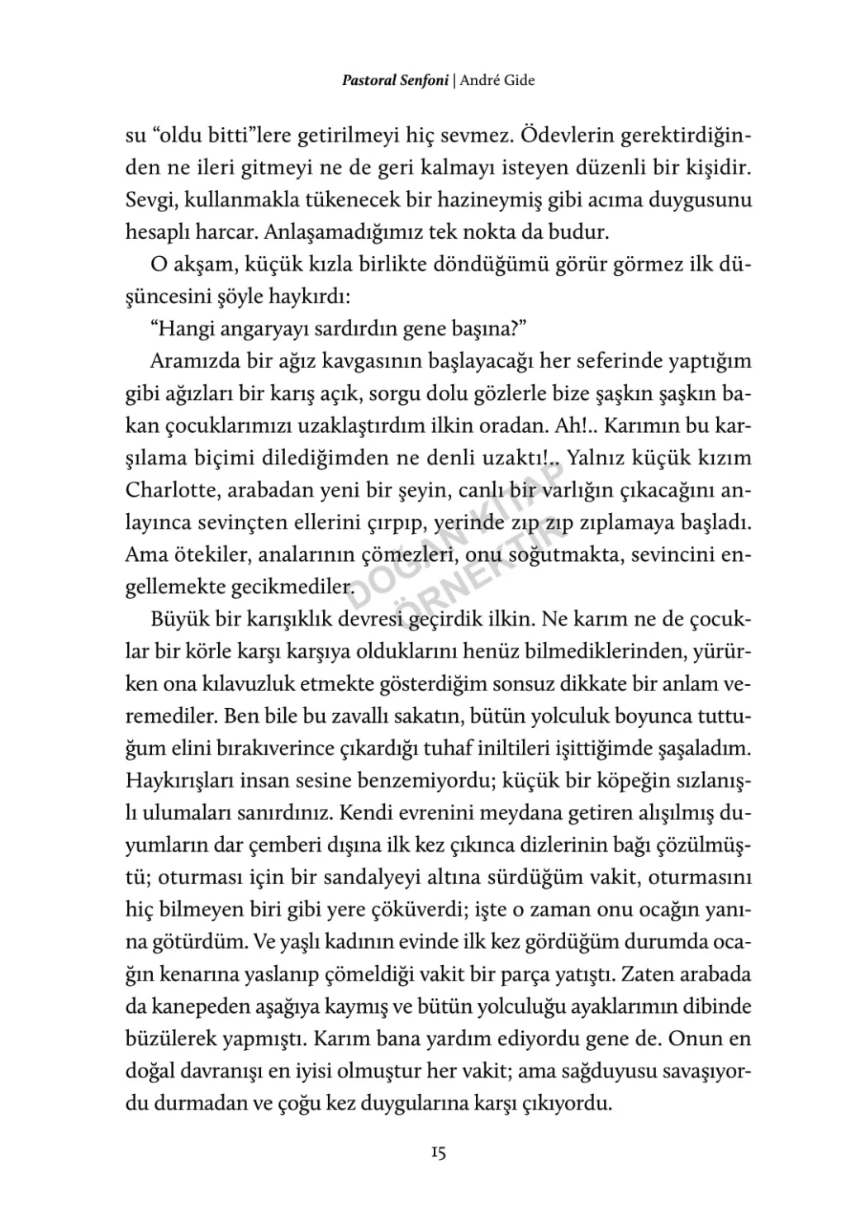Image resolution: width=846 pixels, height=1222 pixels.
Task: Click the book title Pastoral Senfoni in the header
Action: click(395, 81)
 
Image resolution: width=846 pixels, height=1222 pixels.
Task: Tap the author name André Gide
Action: click(497, 81)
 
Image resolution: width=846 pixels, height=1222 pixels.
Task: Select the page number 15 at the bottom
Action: click(438, 1153)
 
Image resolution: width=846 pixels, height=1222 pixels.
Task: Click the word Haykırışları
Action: click(182, 781)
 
